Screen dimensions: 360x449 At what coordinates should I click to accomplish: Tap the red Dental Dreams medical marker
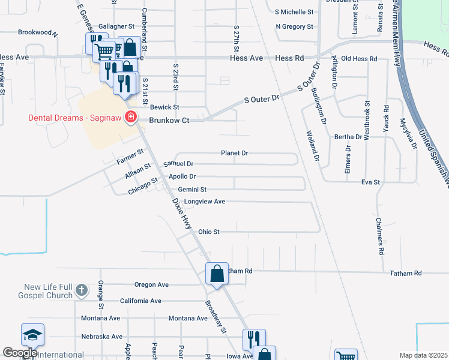pyautogui.click(x=129, y=117)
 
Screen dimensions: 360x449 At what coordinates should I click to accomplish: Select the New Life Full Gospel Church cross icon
pyautogui.click(x=82, y=292)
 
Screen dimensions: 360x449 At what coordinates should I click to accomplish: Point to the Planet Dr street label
pyautogui.click(x=234, y=153)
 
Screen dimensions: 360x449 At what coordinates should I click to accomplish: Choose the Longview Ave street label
pyautogui.click(x=204, y=202)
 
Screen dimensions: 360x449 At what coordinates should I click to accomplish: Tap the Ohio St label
pyautogui.click(x=209, y=232)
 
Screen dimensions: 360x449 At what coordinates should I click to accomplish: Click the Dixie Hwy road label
pyautogui.click(x=181, y=214)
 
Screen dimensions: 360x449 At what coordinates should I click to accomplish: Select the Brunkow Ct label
pyautogui.click(x=169, y=121)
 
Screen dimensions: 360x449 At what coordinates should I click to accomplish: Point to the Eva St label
pyautogui.click(x=371, y=182)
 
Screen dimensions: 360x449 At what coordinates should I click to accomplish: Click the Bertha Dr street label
pyautogui.click(x=349, y=137)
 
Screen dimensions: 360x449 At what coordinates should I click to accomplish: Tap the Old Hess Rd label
pyautogui.click(x=358, y=59)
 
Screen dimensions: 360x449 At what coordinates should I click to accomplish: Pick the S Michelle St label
pyautogui.click(x=294, y=11)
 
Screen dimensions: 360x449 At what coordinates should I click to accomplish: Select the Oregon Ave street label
pyautogui.click(x=152, y=285)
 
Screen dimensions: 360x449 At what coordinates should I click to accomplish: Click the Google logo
pyautogui.click(x=20, y=353)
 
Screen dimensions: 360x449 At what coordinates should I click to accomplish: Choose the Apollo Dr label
pyautogui.click(x=182, y=176)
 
